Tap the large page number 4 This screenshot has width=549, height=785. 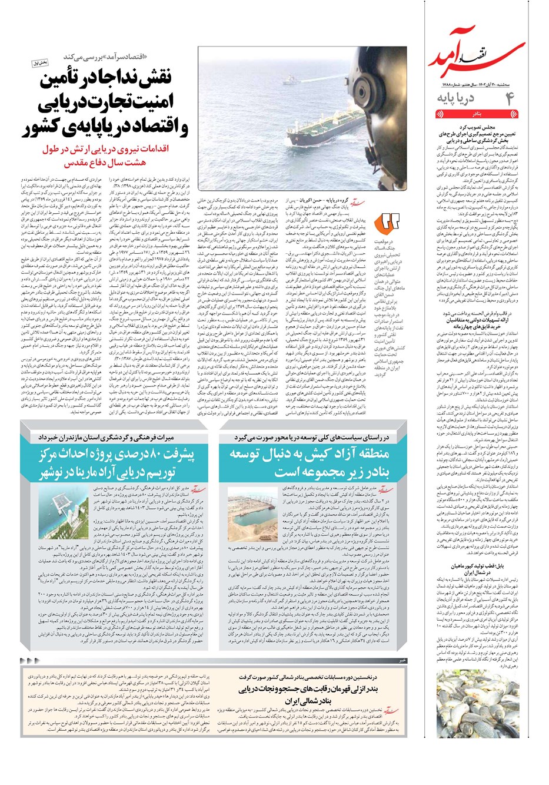click(509, 97)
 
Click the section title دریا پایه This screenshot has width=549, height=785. click(456, 97)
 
